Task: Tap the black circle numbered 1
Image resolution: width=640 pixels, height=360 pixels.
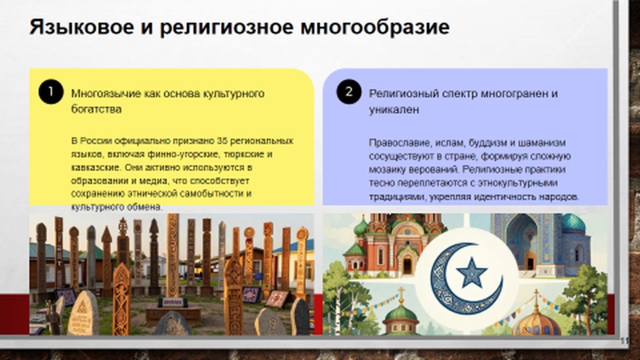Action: coord(51,91)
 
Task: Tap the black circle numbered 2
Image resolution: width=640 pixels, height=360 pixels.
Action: coord(349,91)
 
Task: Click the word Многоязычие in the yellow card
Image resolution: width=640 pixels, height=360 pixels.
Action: coord(106,94)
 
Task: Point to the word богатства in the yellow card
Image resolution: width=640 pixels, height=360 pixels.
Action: coord(96,109)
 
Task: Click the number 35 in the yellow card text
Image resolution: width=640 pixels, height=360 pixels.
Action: coord(222,141)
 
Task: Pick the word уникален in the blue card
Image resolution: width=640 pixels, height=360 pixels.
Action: coord(394,109)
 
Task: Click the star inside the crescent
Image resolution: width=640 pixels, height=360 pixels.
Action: coord(471,272)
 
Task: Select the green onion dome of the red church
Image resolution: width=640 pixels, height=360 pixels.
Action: coord(361,226)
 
